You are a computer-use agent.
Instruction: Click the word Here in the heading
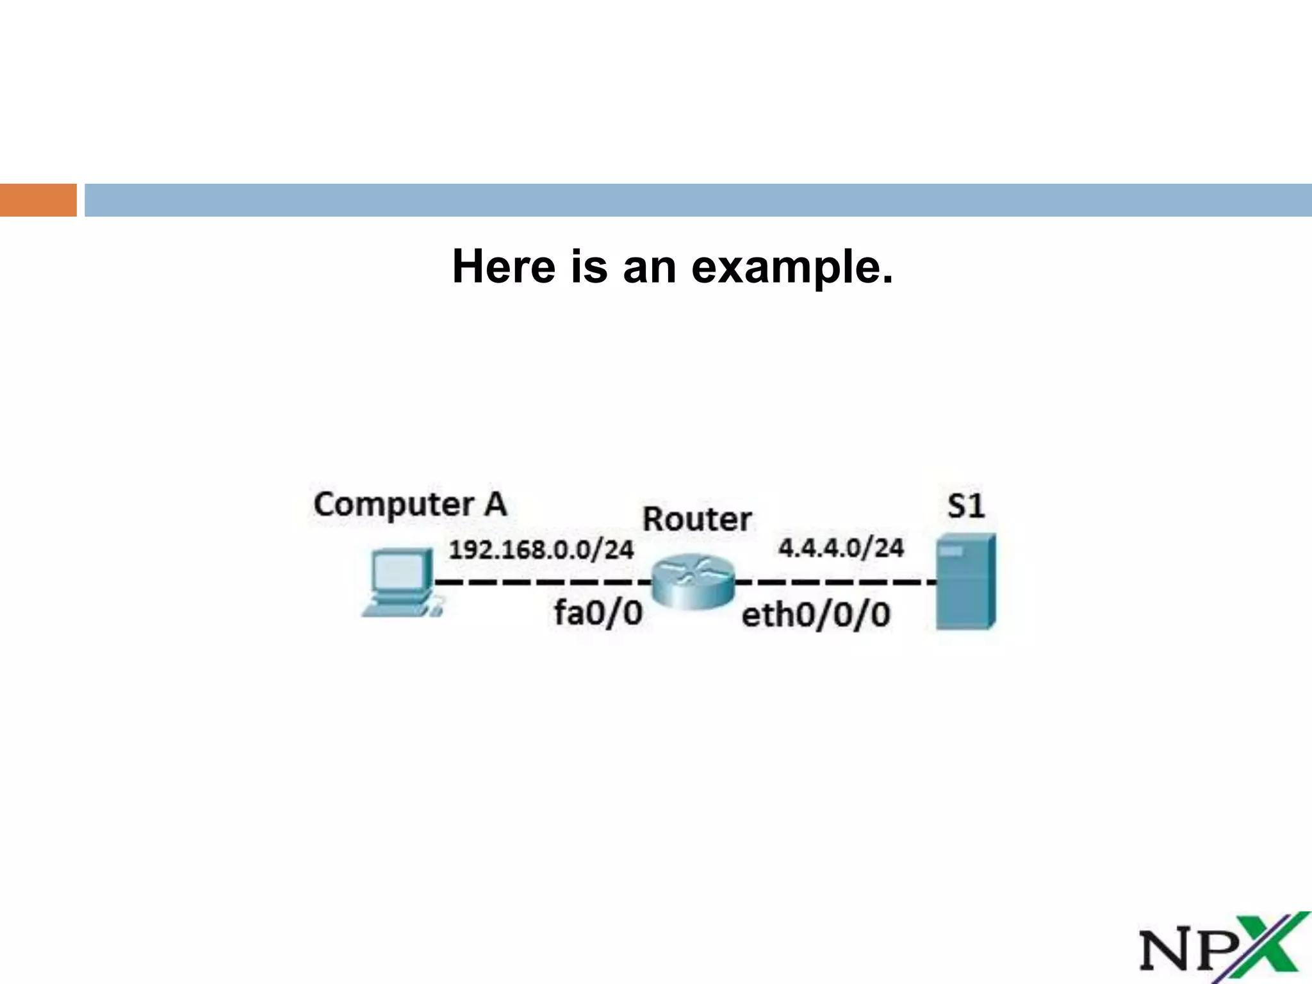tap(504, 266)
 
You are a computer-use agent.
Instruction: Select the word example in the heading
tap(792, 268)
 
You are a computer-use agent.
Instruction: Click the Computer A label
tap(410, 505)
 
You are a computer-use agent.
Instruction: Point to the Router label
tap(697, 519)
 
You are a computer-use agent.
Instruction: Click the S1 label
tap(965, 507)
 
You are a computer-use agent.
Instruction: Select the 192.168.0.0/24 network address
tap(541, 550)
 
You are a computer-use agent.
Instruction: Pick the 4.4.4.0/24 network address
tap(841, 548)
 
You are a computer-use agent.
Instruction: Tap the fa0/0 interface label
tap(598, 613)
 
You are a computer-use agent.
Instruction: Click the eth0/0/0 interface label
tap(816, 616)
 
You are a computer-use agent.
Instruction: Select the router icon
tap(693, 582)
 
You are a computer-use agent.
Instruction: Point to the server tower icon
tap(965, 581)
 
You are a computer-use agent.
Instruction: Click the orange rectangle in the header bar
tap(38, 200)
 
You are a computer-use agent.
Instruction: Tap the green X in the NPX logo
tap(1272, 947)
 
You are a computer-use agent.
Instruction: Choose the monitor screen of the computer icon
tap(400, 572)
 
